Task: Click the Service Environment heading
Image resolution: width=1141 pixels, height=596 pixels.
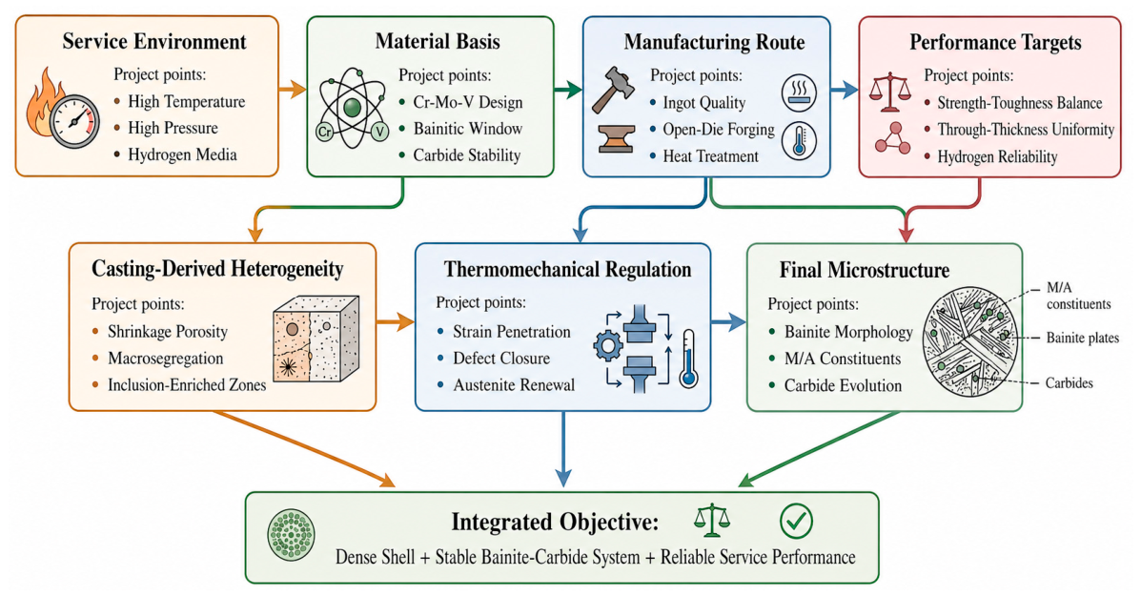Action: click(x=154, y=41)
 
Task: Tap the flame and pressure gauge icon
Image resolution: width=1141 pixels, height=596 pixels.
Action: click(x=64, y=109)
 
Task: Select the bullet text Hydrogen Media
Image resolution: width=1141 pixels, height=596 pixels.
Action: click(x=182, y=154)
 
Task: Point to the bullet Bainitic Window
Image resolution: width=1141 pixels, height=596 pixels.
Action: click(x=468, y=129)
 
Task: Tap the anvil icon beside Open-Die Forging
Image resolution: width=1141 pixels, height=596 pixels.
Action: click(x=616, y=139)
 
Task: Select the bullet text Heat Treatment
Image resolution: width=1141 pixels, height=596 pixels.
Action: click(x=710, y=155)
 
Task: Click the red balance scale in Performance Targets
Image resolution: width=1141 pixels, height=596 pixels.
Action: click(x=890, y=92)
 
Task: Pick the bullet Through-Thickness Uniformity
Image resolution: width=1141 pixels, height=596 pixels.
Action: click(x=1026, y=130)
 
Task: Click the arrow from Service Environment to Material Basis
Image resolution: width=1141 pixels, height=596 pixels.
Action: click(x=292, y=91)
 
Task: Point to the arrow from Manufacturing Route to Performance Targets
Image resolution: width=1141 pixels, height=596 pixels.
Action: click(x=845, y=91)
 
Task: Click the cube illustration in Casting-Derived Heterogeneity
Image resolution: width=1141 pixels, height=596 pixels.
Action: click(x=316, y=339)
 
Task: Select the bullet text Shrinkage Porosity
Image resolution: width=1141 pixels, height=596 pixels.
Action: click(x=168, y=332)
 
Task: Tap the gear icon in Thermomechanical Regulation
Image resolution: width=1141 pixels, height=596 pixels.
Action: click(x=607, y=345)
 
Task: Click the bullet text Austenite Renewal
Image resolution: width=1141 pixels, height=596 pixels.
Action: click(x=514, y=385)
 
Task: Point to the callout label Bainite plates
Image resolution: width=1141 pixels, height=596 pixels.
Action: click(x=1082, y=338)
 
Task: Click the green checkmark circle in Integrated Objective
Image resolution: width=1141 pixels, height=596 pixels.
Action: click(x=796, y=521)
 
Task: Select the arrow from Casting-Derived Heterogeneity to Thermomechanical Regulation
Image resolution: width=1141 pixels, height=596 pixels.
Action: click(x=396, y=321)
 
